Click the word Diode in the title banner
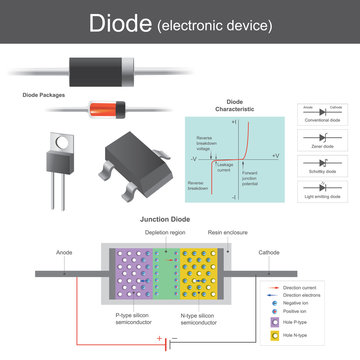pos(121,22)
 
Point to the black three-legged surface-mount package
pos(137,156)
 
